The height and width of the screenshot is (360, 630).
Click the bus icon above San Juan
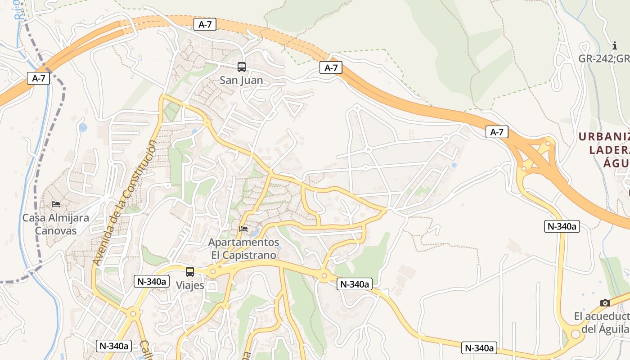(242, 67)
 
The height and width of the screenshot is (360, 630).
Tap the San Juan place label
(241, 81)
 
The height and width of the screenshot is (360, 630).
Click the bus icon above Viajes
(190, 271)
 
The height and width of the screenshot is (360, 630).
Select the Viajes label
(190, 285)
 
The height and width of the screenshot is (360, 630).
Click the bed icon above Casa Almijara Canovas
(56, 204)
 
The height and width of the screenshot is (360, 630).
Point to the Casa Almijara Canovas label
(56, 224)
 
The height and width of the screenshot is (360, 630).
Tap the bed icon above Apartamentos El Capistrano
(243, 229)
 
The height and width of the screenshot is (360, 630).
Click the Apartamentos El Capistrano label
(243, 248)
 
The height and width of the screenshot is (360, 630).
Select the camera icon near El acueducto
(605, 303)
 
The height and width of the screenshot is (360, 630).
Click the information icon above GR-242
(615, 45)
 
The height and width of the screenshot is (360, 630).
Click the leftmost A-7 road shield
(39, 78)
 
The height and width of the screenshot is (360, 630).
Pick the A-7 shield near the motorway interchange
(497, 132)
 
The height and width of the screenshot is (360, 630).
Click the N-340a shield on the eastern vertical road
(562, 226)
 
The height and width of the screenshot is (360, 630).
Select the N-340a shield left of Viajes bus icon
(152, 282)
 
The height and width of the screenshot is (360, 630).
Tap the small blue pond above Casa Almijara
(83, 127)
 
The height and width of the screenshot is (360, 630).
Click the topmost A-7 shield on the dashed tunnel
(205, 24)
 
